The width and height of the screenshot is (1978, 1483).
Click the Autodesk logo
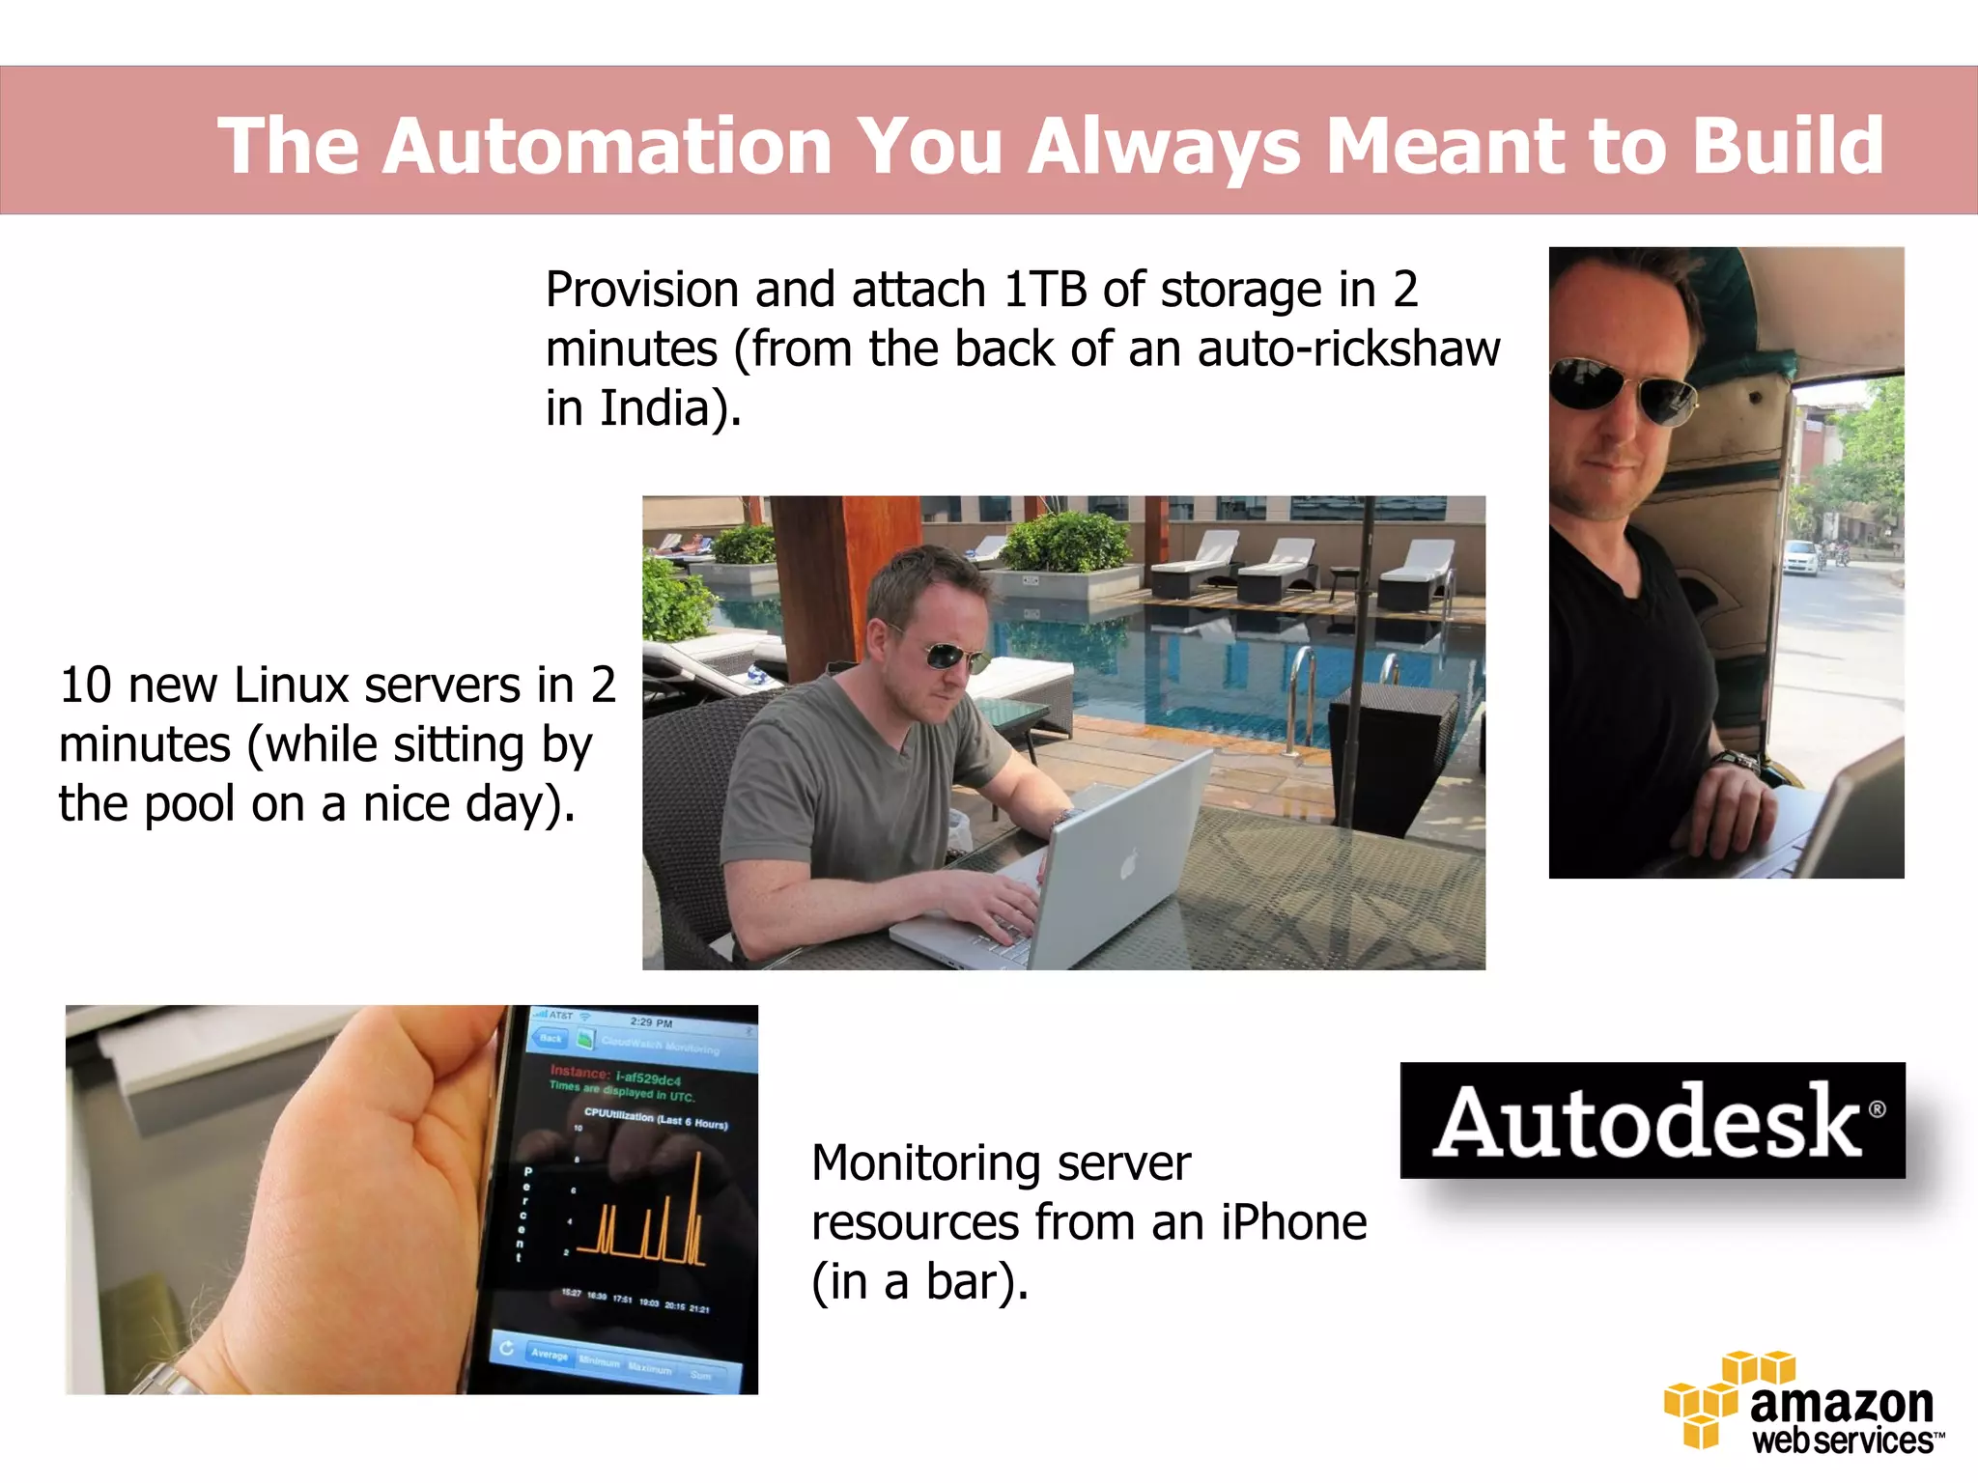(x=1653, y=1120)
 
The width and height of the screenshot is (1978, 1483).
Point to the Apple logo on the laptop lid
(x=1129, y=865)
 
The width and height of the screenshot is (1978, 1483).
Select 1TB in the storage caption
(x=1046, y=290)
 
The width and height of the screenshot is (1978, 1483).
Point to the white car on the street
(x=1800, y=557)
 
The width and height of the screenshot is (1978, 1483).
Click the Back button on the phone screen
(x=549, y=1039)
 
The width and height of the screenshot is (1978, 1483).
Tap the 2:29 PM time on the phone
(x=651, y=1022)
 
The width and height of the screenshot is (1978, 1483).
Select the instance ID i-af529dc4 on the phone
(x=648, y=1077)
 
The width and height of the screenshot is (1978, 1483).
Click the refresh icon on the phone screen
(x=506, y=1348)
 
